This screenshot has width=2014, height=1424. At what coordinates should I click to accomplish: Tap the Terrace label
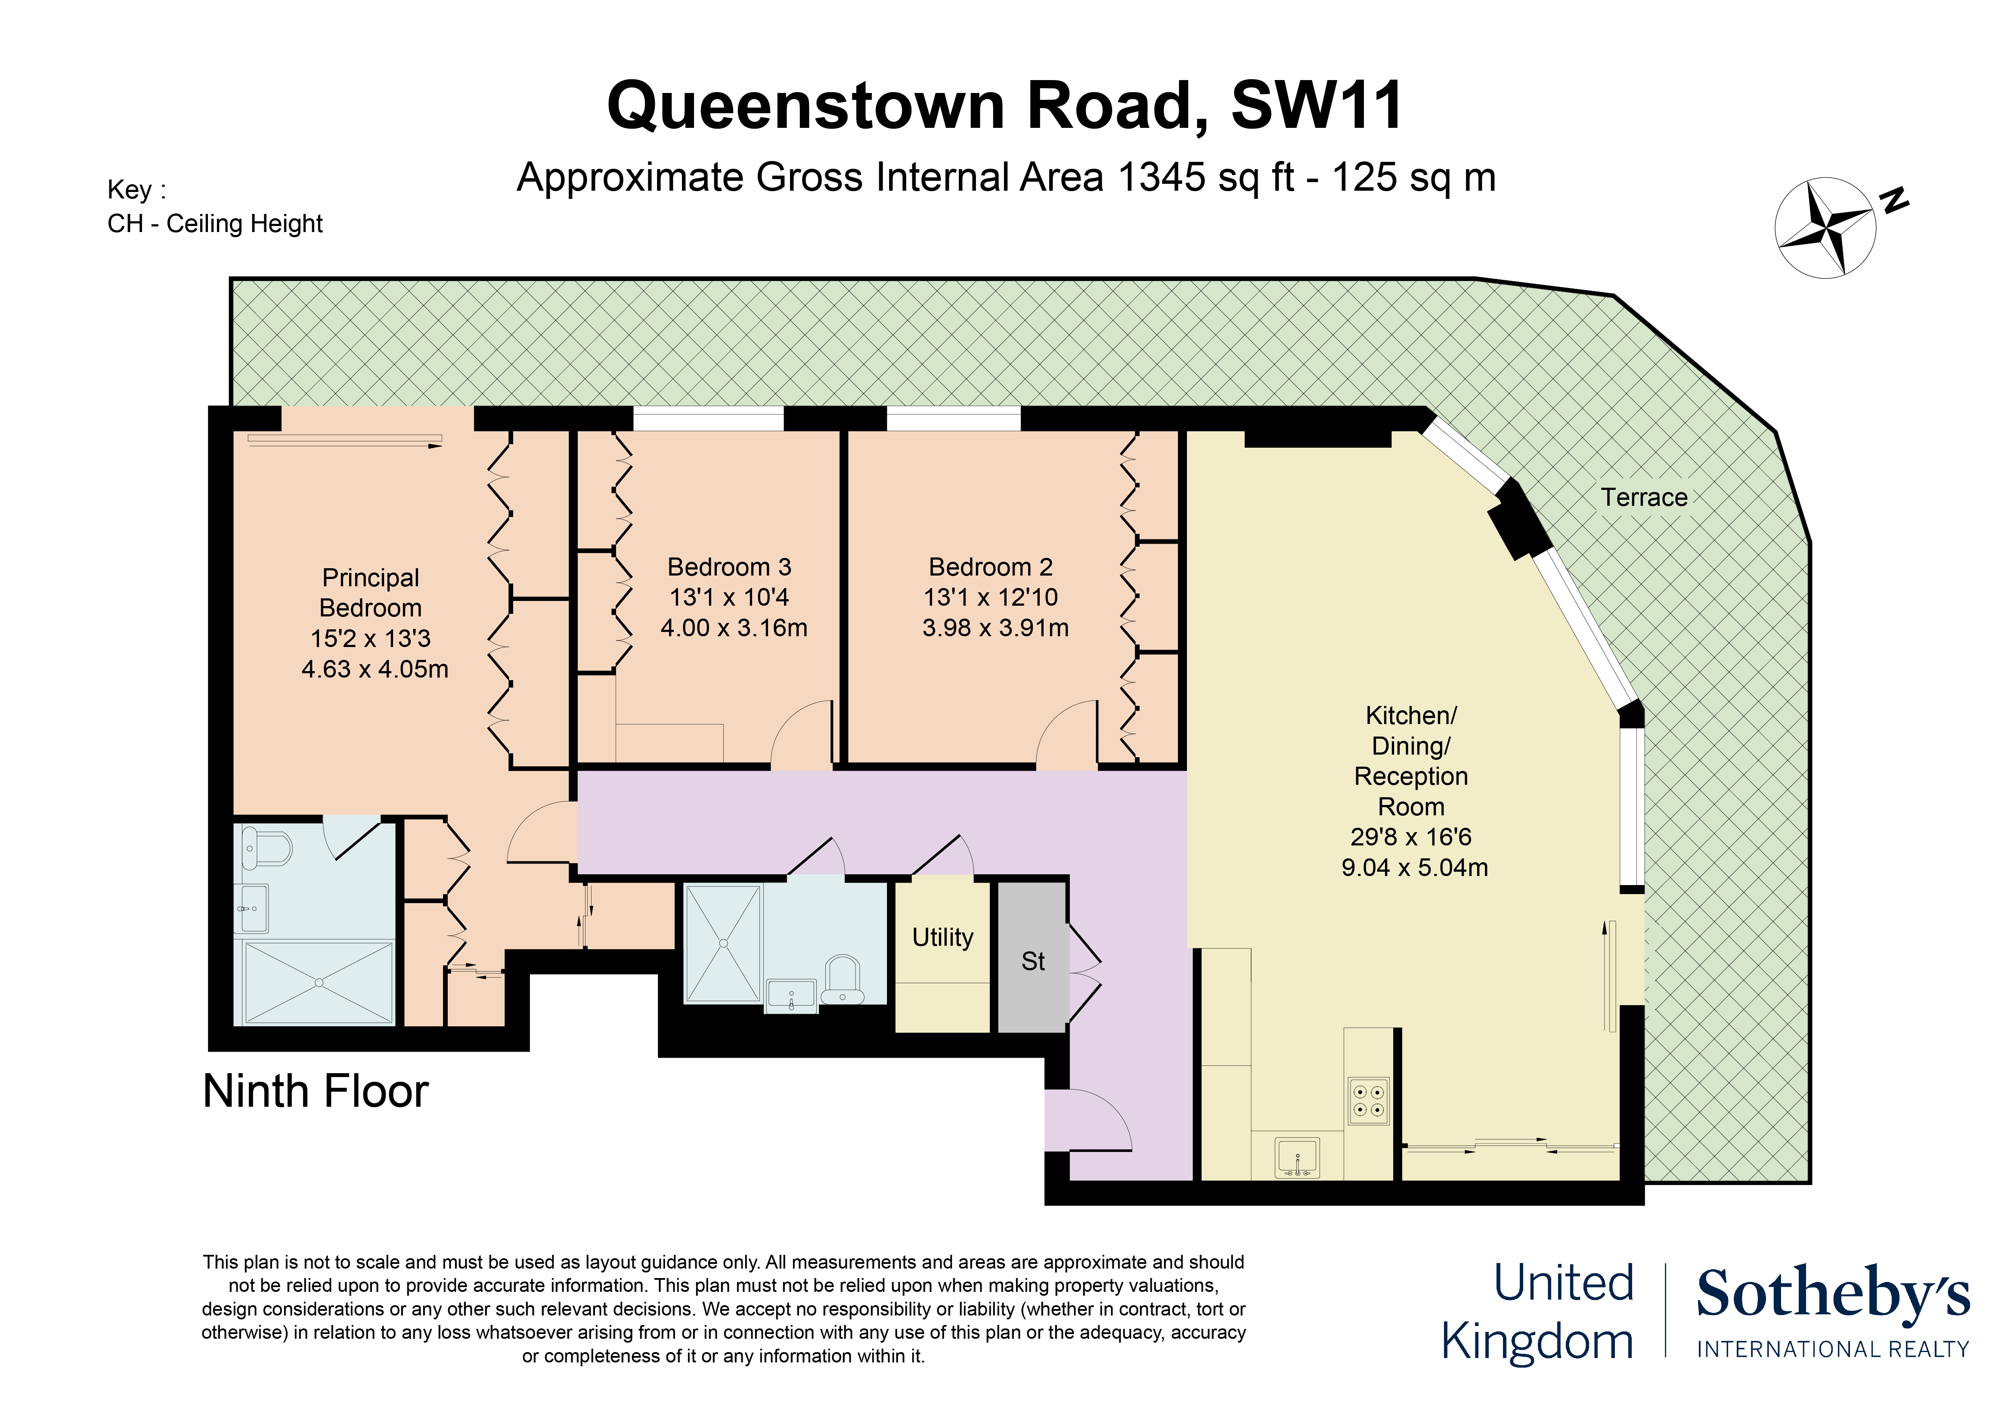tap(1644, 497)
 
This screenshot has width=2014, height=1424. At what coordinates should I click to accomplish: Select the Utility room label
tap(942, 937)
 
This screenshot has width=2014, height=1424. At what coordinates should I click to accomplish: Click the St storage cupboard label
tap(1032, 962)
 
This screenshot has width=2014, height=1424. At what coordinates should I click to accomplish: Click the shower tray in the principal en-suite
tap(319, 983)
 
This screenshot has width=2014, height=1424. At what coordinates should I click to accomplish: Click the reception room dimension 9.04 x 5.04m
tap(1414, 867)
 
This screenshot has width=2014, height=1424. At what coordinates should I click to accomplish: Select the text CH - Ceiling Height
tap(215, 223)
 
